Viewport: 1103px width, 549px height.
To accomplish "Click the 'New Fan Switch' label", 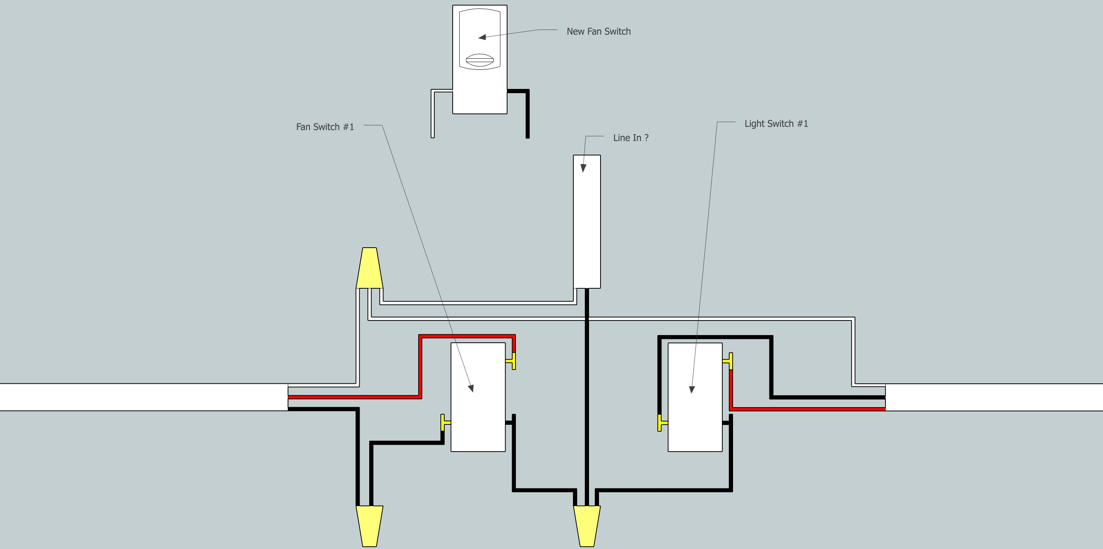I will pyautogui.click(x=598, y=31).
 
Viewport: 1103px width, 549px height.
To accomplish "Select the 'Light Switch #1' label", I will pyautogui.click(x=776, y=123).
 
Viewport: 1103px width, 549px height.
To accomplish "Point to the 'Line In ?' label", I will pyautogui.click(x=630, y=138).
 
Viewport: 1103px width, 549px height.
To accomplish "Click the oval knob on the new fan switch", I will pyautogui.click(x=479, y=61).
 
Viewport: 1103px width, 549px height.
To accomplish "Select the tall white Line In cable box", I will pyautogui.click(x=587, y=221).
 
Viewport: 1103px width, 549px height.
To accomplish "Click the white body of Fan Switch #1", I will pyautogui.click(x=478, y=411).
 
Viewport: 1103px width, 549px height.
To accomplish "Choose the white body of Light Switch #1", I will pyautogui.click(x=695, y=411).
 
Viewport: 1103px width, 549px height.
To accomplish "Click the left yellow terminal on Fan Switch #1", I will pyautogui.click(x=444, y=422).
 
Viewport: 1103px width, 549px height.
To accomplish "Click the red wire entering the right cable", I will pyautogui.click(x=813, y=409).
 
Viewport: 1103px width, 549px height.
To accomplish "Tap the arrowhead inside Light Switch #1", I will pyautogui.click(x=692, y=390).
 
